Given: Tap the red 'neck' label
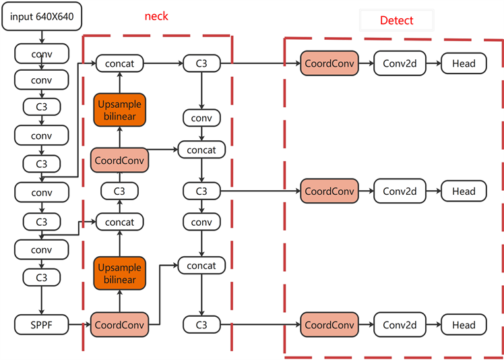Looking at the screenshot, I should tap(156, 16).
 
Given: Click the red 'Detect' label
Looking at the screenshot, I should tap(396, 20).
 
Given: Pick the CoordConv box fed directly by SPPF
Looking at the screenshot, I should tap(119, 325).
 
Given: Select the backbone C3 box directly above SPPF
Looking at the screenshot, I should tap(42, 277).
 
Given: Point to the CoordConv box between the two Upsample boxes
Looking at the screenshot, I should tap(119, 161).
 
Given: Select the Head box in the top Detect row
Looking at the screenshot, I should tap(464, 64).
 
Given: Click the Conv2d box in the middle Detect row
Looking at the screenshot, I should tap(400, 191).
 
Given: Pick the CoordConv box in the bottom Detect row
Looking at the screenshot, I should tap(329, 325).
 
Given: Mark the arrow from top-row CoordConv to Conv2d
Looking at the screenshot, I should tap(365, 64).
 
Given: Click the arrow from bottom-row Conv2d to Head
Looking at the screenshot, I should tap(434, 325).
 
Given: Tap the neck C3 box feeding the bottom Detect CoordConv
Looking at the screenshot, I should tap(201, 325).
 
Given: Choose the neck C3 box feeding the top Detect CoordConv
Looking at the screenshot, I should tap(201, 64).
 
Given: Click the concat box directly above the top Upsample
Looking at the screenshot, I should tap(119, 64).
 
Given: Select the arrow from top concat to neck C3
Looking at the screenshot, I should tap(163, 64).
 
